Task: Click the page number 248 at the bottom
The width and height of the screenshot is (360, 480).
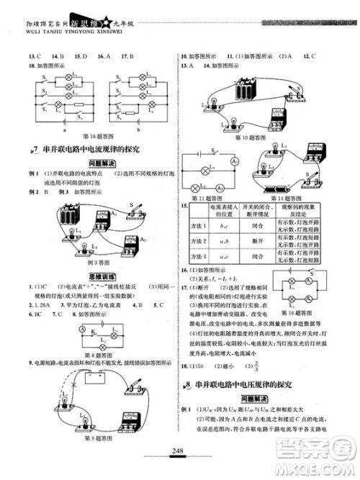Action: [180, 452]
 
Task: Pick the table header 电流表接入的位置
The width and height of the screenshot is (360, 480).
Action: [215, 211]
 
